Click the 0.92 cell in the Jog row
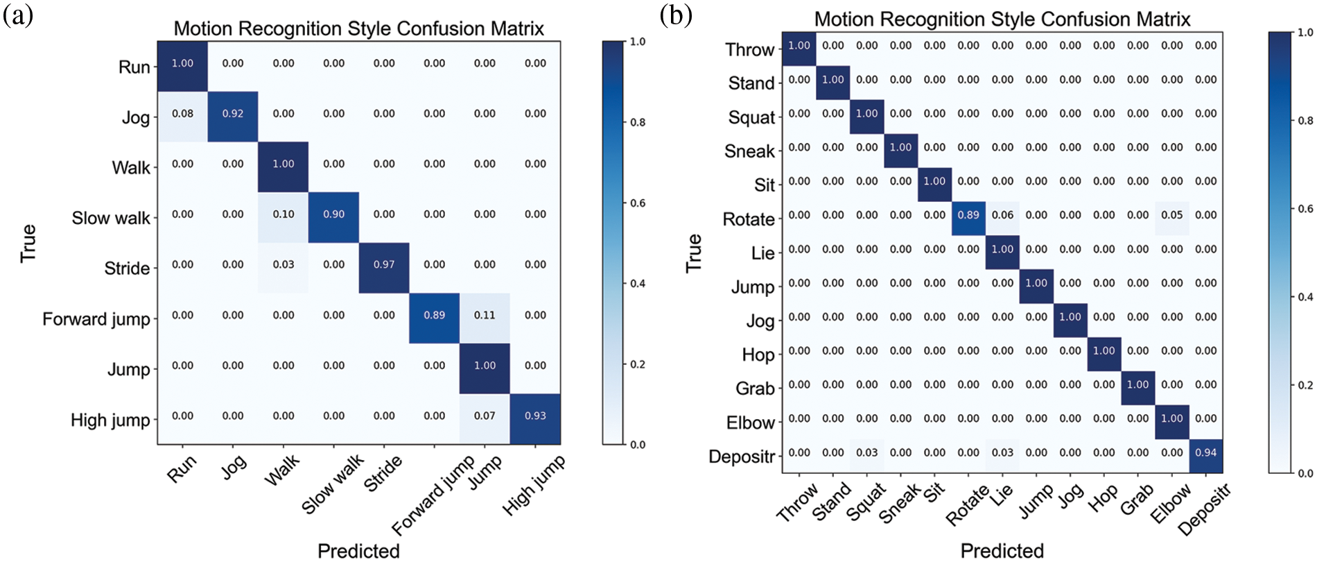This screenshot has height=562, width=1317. pyautogui.click(x=233, y=114)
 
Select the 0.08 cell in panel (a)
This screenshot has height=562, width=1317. pyautogui.click(x=182, y=114)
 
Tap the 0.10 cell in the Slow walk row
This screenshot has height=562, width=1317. pyautogui.click(x=284, y=214)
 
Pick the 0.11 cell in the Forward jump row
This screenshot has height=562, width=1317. pyautogui.click(x=485, y=315)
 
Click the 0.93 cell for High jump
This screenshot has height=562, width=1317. pyautogui.click(x=535, y=416)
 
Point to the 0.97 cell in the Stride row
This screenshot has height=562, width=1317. pyautogui.click(x=384, y=265)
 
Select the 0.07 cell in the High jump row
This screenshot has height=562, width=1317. pyautogui.click(x=485, y=416)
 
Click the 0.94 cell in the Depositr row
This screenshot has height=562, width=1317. pyautogui.click(x=1206, y=452)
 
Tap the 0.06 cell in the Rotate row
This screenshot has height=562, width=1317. pyautogui.click(x=1002, y=215)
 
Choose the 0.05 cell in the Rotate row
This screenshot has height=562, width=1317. pyautogui.click(x=1172, y=215)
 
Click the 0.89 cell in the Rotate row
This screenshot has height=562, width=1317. pyautogui.click(x=968, y=215)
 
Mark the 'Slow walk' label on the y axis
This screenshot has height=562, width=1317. pyautogui.click(x=111, y=219)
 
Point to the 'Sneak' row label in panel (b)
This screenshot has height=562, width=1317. pyautogui.click(x=749, y=151)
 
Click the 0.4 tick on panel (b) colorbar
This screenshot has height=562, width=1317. pyautogui.click(x=1305, y=297)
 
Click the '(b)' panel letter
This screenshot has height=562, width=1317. pyautogui.click(x=676, y=15)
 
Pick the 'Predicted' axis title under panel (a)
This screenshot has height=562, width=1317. pyautogui.click(x=358, y=551)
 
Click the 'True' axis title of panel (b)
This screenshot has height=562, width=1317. pyautogui.click(x=694, y=253)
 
